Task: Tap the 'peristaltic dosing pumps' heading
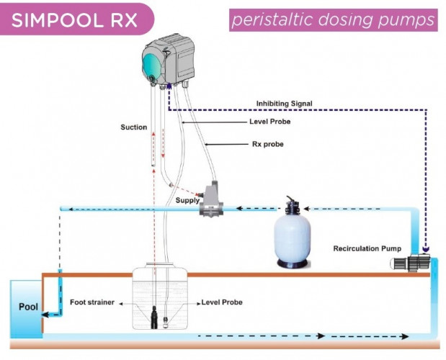334,19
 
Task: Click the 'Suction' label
133,127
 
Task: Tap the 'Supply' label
188,200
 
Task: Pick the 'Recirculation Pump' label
367,249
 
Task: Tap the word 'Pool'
28,307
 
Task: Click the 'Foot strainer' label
92,302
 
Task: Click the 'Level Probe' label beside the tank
221,302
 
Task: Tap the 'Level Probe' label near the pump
270,122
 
